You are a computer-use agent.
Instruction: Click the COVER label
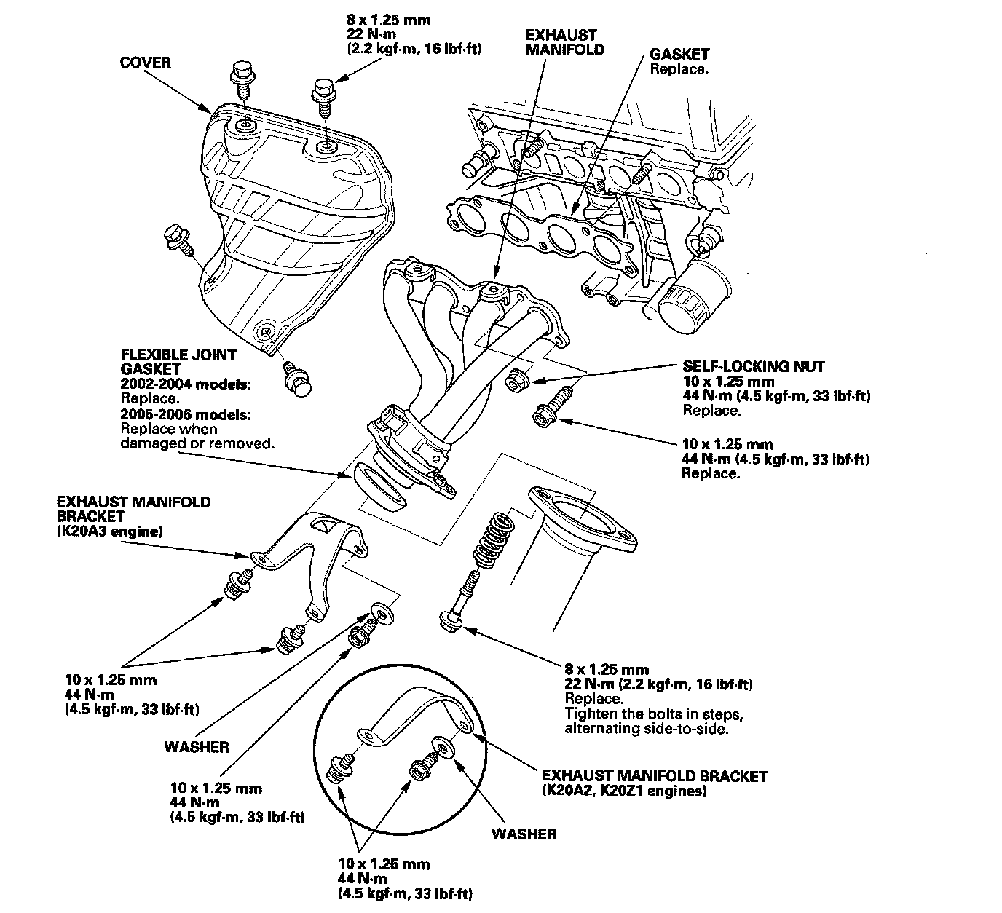(x=146, y=63)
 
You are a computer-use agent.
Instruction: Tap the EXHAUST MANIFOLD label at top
(x=564, y=42)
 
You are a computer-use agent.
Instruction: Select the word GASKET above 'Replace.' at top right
(x=679, y=54)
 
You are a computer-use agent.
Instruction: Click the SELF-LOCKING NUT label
(x=753, y=366)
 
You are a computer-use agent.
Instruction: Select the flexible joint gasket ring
(x=379, y=486)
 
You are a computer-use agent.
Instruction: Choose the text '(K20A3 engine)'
(x=110, y=531)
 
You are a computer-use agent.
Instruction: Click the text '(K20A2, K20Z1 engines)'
(x=624, y=791)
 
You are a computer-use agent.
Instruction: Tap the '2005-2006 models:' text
(x=185, y=414)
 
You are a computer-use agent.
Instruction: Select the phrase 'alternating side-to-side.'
(x=647, y=729)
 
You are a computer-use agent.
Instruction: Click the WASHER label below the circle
(x=524, y=834)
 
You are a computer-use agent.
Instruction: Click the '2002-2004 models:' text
(x=185, y=384)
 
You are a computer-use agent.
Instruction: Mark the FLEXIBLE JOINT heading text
(x=178, y=355)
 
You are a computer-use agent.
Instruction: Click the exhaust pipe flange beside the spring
(x=582, y=519)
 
